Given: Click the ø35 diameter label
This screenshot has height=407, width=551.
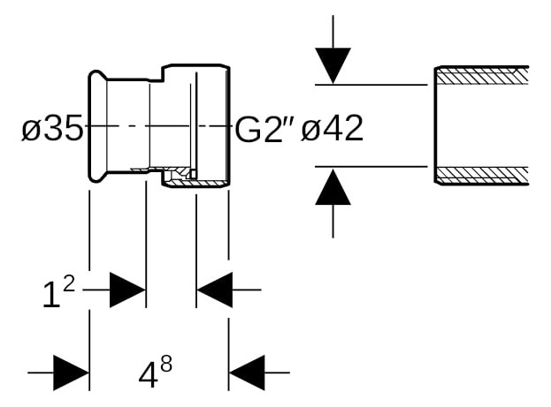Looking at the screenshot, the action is (52, 127).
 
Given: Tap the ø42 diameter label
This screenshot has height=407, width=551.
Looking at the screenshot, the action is (332, 128).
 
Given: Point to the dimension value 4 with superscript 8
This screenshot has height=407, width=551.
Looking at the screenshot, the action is (156, 372).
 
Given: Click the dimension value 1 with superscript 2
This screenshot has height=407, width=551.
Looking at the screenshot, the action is (58, 290).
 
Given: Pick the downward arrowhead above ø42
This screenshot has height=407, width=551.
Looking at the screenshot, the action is (333, 66).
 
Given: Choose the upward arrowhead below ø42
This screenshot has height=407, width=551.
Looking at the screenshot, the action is (333, 186).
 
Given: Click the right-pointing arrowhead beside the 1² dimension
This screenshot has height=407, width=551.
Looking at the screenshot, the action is (128, 290).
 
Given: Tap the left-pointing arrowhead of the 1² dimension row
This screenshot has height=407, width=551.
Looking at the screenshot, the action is (214, 290).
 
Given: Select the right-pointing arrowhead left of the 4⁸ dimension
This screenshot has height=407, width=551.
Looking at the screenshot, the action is (71, 373).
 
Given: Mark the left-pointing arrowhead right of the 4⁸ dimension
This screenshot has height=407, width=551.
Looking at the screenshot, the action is (247, 373).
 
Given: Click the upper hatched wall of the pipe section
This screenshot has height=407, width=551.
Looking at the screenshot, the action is (482, 76).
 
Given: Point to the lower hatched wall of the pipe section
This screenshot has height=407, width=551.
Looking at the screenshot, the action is (482, 175).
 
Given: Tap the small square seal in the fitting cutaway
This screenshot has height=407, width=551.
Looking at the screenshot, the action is (193, 174).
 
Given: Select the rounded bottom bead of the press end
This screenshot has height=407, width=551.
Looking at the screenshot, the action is (97, 177).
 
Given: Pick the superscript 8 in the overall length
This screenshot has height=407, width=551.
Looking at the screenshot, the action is (166, 365).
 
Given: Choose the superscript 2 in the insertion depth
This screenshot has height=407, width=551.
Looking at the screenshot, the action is (69, 284).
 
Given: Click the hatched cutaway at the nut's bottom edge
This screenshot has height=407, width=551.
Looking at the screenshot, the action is (196, 183).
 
